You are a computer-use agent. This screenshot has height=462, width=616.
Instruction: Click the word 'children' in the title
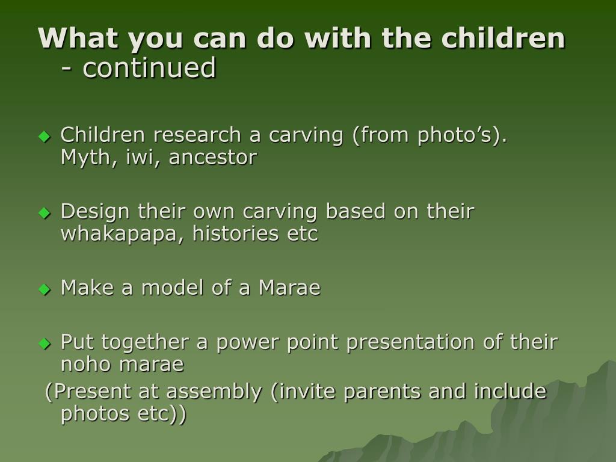(x=504, y=38)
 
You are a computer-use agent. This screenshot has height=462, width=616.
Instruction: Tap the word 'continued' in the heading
(x=149, y=67)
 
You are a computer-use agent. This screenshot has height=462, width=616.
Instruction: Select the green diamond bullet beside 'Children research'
(x=45, y=137)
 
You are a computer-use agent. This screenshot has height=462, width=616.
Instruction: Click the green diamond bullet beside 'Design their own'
(x=45, y=213)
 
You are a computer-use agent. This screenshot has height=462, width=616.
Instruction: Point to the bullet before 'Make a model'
(x=45, y=289)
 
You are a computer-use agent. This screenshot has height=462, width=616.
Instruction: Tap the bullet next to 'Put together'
(x=45, y=343)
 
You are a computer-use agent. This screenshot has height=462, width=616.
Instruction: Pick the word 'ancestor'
(x=213, y=158)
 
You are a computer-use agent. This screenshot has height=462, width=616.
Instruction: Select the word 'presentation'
(x=410, y=342)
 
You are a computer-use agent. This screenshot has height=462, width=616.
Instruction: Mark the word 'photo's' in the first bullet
(x=455, y=135)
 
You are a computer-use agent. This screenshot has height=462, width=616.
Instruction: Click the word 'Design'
(x=95, y=211)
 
